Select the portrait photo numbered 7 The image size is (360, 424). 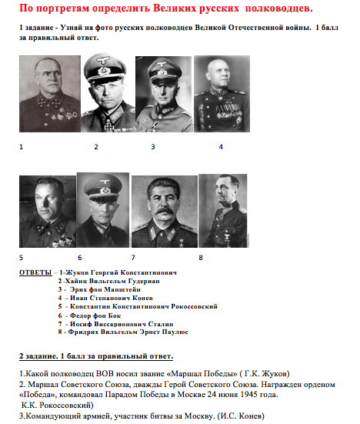pyautogui.click(x=164, y=212)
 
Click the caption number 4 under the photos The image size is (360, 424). pyautogui.click(x=221, y=145)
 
